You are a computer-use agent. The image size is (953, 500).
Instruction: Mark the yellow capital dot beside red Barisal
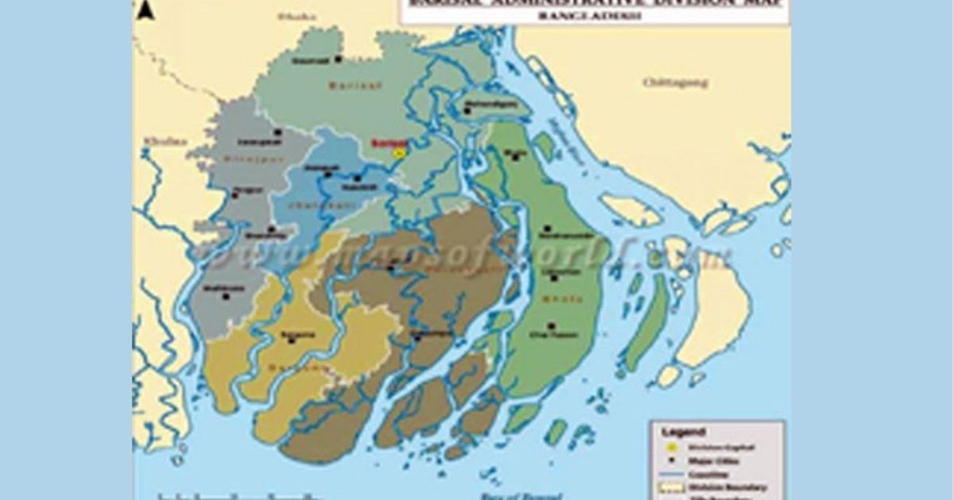(x=400, y=152)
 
